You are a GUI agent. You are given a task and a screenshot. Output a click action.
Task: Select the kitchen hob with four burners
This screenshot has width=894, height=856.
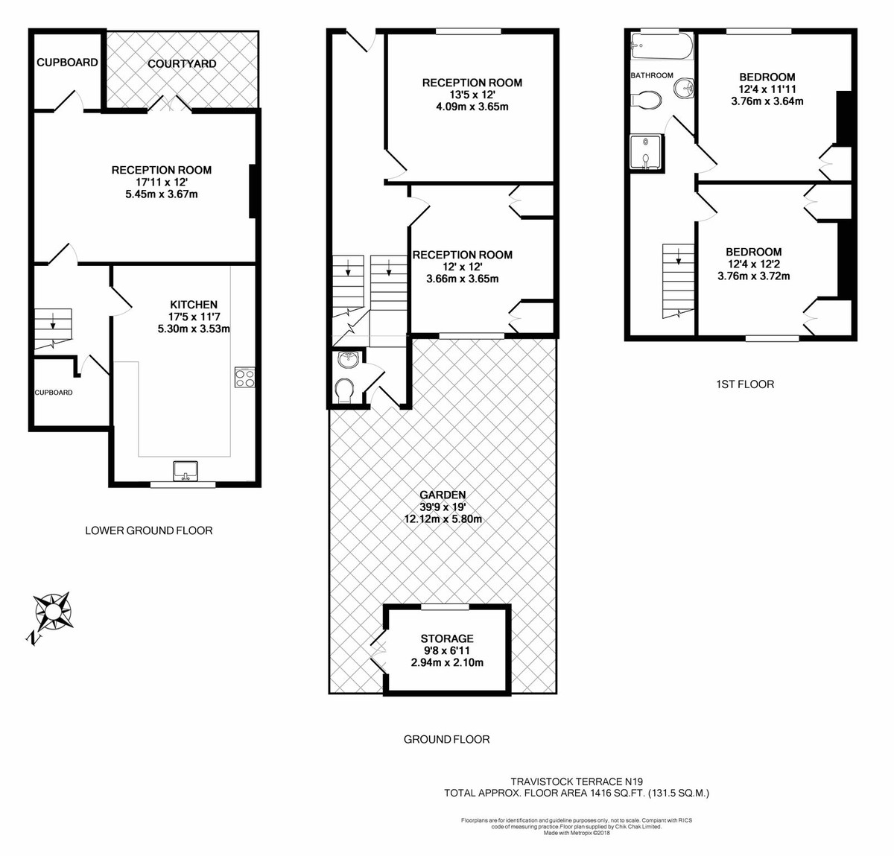[244, 378]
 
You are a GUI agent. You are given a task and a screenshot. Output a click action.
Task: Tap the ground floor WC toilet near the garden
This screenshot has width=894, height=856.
[345, 391]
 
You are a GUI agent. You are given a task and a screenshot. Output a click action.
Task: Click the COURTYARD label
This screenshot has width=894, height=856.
[182, 64]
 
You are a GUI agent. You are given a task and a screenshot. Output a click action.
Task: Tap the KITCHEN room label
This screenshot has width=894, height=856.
[194, 305]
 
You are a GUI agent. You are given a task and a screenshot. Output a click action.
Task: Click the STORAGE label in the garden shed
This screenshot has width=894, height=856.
[447, 638]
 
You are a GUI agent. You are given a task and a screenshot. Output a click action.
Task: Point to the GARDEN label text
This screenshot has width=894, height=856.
[443, 495]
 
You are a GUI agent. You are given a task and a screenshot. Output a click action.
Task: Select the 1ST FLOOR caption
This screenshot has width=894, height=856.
[744, 384]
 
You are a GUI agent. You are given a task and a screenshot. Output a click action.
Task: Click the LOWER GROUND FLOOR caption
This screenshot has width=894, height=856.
[149, 531]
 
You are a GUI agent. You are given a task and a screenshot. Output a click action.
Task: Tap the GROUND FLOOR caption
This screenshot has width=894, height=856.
[446, 740]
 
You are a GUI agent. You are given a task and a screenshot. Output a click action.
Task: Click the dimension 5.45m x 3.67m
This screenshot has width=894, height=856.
[162, 194]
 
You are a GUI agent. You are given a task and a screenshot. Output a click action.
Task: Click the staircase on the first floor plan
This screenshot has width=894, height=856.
[677, 280]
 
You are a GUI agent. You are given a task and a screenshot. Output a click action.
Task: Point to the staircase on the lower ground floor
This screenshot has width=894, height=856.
[53, 329]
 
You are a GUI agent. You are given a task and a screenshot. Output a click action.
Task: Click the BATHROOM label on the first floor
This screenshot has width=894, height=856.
[652, 75]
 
